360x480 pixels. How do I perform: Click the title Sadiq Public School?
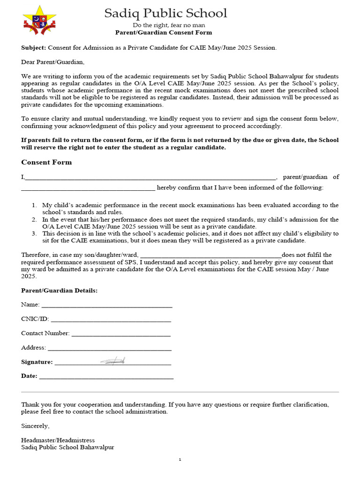pyautogui.click(x=165, y=13)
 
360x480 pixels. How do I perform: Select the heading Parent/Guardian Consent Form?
pyautogui.click(x=164, y=33)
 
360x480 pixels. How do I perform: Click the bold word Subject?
pyautogui.click(x=34, y=48)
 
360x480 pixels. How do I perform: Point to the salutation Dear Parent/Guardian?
pyautogui.click(x=53, y=62)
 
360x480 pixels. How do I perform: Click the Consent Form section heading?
pyautogui.click(x=46, y=162)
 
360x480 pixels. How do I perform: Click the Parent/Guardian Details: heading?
pyautogui.click(x=59, y=291)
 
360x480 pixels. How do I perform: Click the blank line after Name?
pyautogui.click(x=107, y=306)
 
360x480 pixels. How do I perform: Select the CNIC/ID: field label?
pyautogui.click(x=35, y=319)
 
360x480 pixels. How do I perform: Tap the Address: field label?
pyautogui.click(x=33, y=348)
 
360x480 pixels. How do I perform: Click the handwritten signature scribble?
pyautogui.click(x=112, y=360)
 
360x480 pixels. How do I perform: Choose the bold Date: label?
pyautogui.click(x=29, y=376)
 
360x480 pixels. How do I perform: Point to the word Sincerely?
pyautogui.click(x=35, y=426)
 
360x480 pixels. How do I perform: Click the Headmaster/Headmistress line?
pyautogui.click(x=58, y=440)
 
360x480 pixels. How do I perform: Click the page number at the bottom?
pyautogui.click(x=180, y=460)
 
